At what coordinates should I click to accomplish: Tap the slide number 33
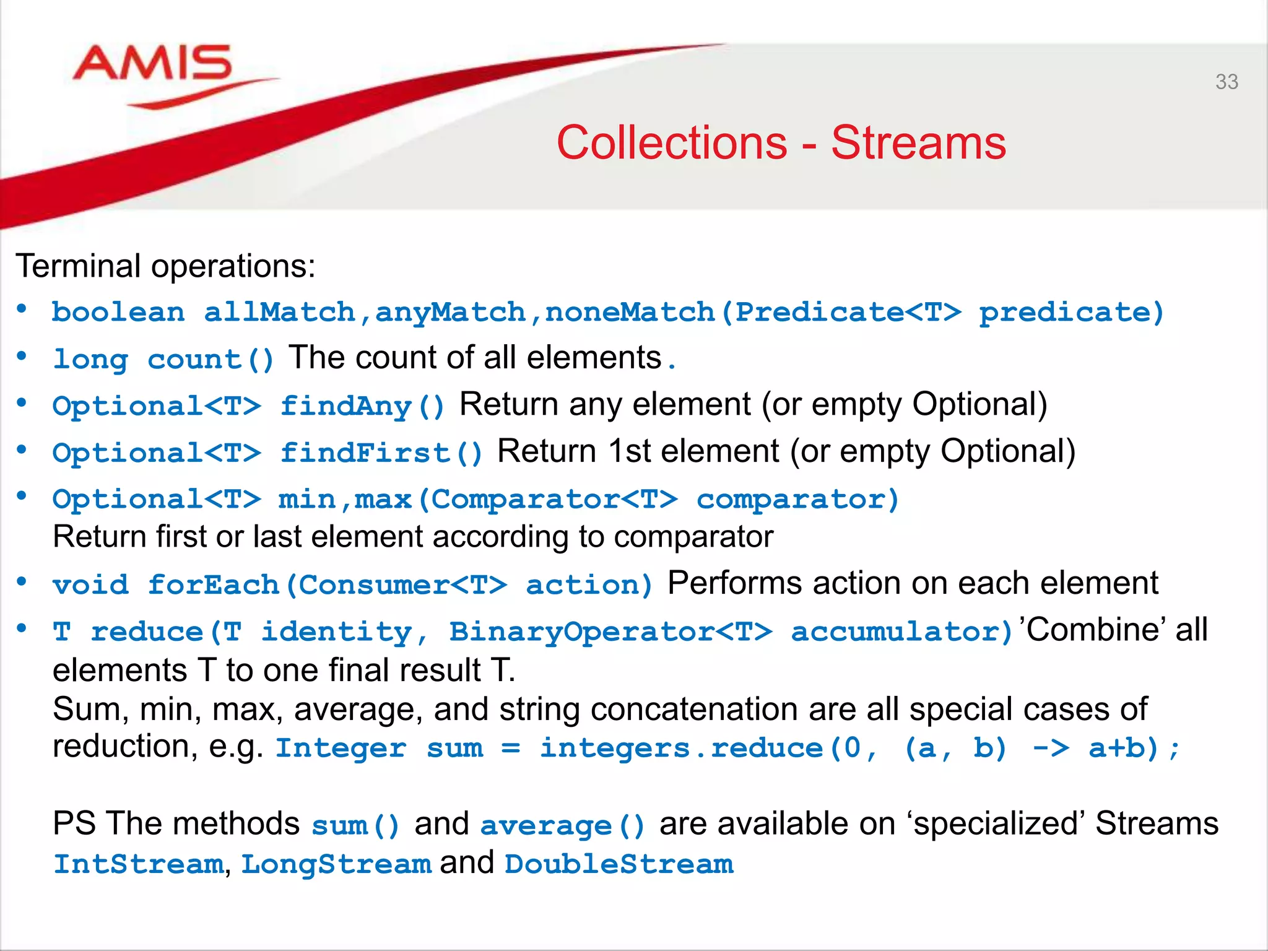[x=1226, y=82]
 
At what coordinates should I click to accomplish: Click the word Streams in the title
[x=918, y=143]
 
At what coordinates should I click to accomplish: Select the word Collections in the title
[x=672, y=143]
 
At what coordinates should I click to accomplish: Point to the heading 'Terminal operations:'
[x=165, y=266]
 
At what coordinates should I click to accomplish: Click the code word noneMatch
[x=630, y=312]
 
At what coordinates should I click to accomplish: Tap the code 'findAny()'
[x=362, y=407]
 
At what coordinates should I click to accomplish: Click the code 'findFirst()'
[x=381, y=453]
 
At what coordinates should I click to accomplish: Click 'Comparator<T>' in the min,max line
[x=554, y=500]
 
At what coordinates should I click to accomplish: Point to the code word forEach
[x=213, y=585]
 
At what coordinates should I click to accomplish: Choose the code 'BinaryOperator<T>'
[x=610, y=632]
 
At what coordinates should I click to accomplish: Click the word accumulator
[x=901, y=632]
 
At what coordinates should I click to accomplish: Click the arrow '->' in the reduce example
[x=1050, y=749]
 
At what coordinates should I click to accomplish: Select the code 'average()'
[x=562, y=826]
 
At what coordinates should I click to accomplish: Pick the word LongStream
[x=336, y=864]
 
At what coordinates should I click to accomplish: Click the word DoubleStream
[x=619, y=864]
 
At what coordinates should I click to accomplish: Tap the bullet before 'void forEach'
[x=22, y=582]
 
